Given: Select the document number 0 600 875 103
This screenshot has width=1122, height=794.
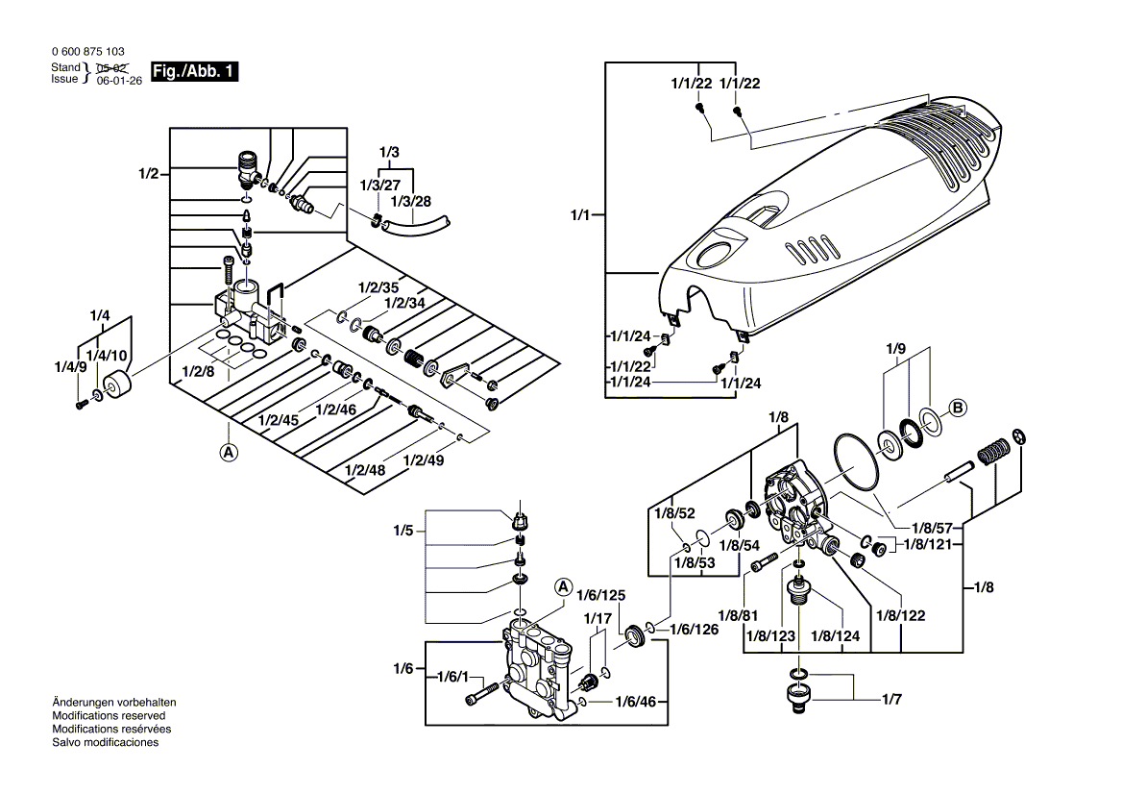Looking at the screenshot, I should [x=86, y=52].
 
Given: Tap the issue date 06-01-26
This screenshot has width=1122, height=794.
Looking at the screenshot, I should [x=119, y=83].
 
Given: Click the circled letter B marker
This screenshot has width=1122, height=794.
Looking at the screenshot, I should [x=957, y=407].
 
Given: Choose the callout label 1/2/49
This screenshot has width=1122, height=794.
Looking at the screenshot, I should [x=425, y=459].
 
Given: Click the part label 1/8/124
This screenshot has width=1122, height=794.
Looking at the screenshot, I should [x=836, y=637].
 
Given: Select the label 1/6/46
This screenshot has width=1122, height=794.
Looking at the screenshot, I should [x=636, y=703].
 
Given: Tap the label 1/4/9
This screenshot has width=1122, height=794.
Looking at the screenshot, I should [x=70, y=366].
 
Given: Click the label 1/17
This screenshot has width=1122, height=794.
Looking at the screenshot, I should [x=597, y=618].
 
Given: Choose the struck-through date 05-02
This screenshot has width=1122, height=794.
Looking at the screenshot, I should [x=113, y=69].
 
